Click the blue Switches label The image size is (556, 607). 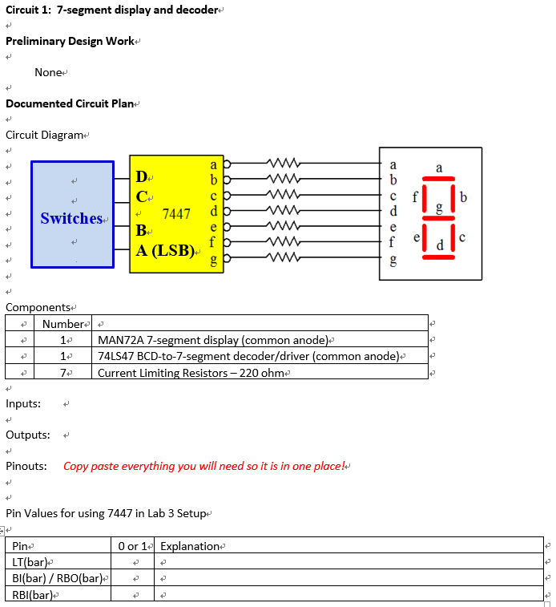tap(71, 218)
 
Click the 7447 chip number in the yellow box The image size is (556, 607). tap(176, 214)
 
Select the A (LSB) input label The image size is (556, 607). tap(165, 251)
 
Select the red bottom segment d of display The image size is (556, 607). tap(438, 257)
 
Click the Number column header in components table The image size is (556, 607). tap(63, 324)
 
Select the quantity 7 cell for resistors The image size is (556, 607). tap(63, 373)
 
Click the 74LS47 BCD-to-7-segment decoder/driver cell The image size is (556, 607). tap(248, 356)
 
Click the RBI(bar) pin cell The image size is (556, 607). tap(33, 595)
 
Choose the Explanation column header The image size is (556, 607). tap(190, 546)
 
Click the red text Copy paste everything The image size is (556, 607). tap(204, 466)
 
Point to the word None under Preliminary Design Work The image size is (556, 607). tap(48, 72)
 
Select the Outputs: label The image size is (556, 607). tap(28, 435)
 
